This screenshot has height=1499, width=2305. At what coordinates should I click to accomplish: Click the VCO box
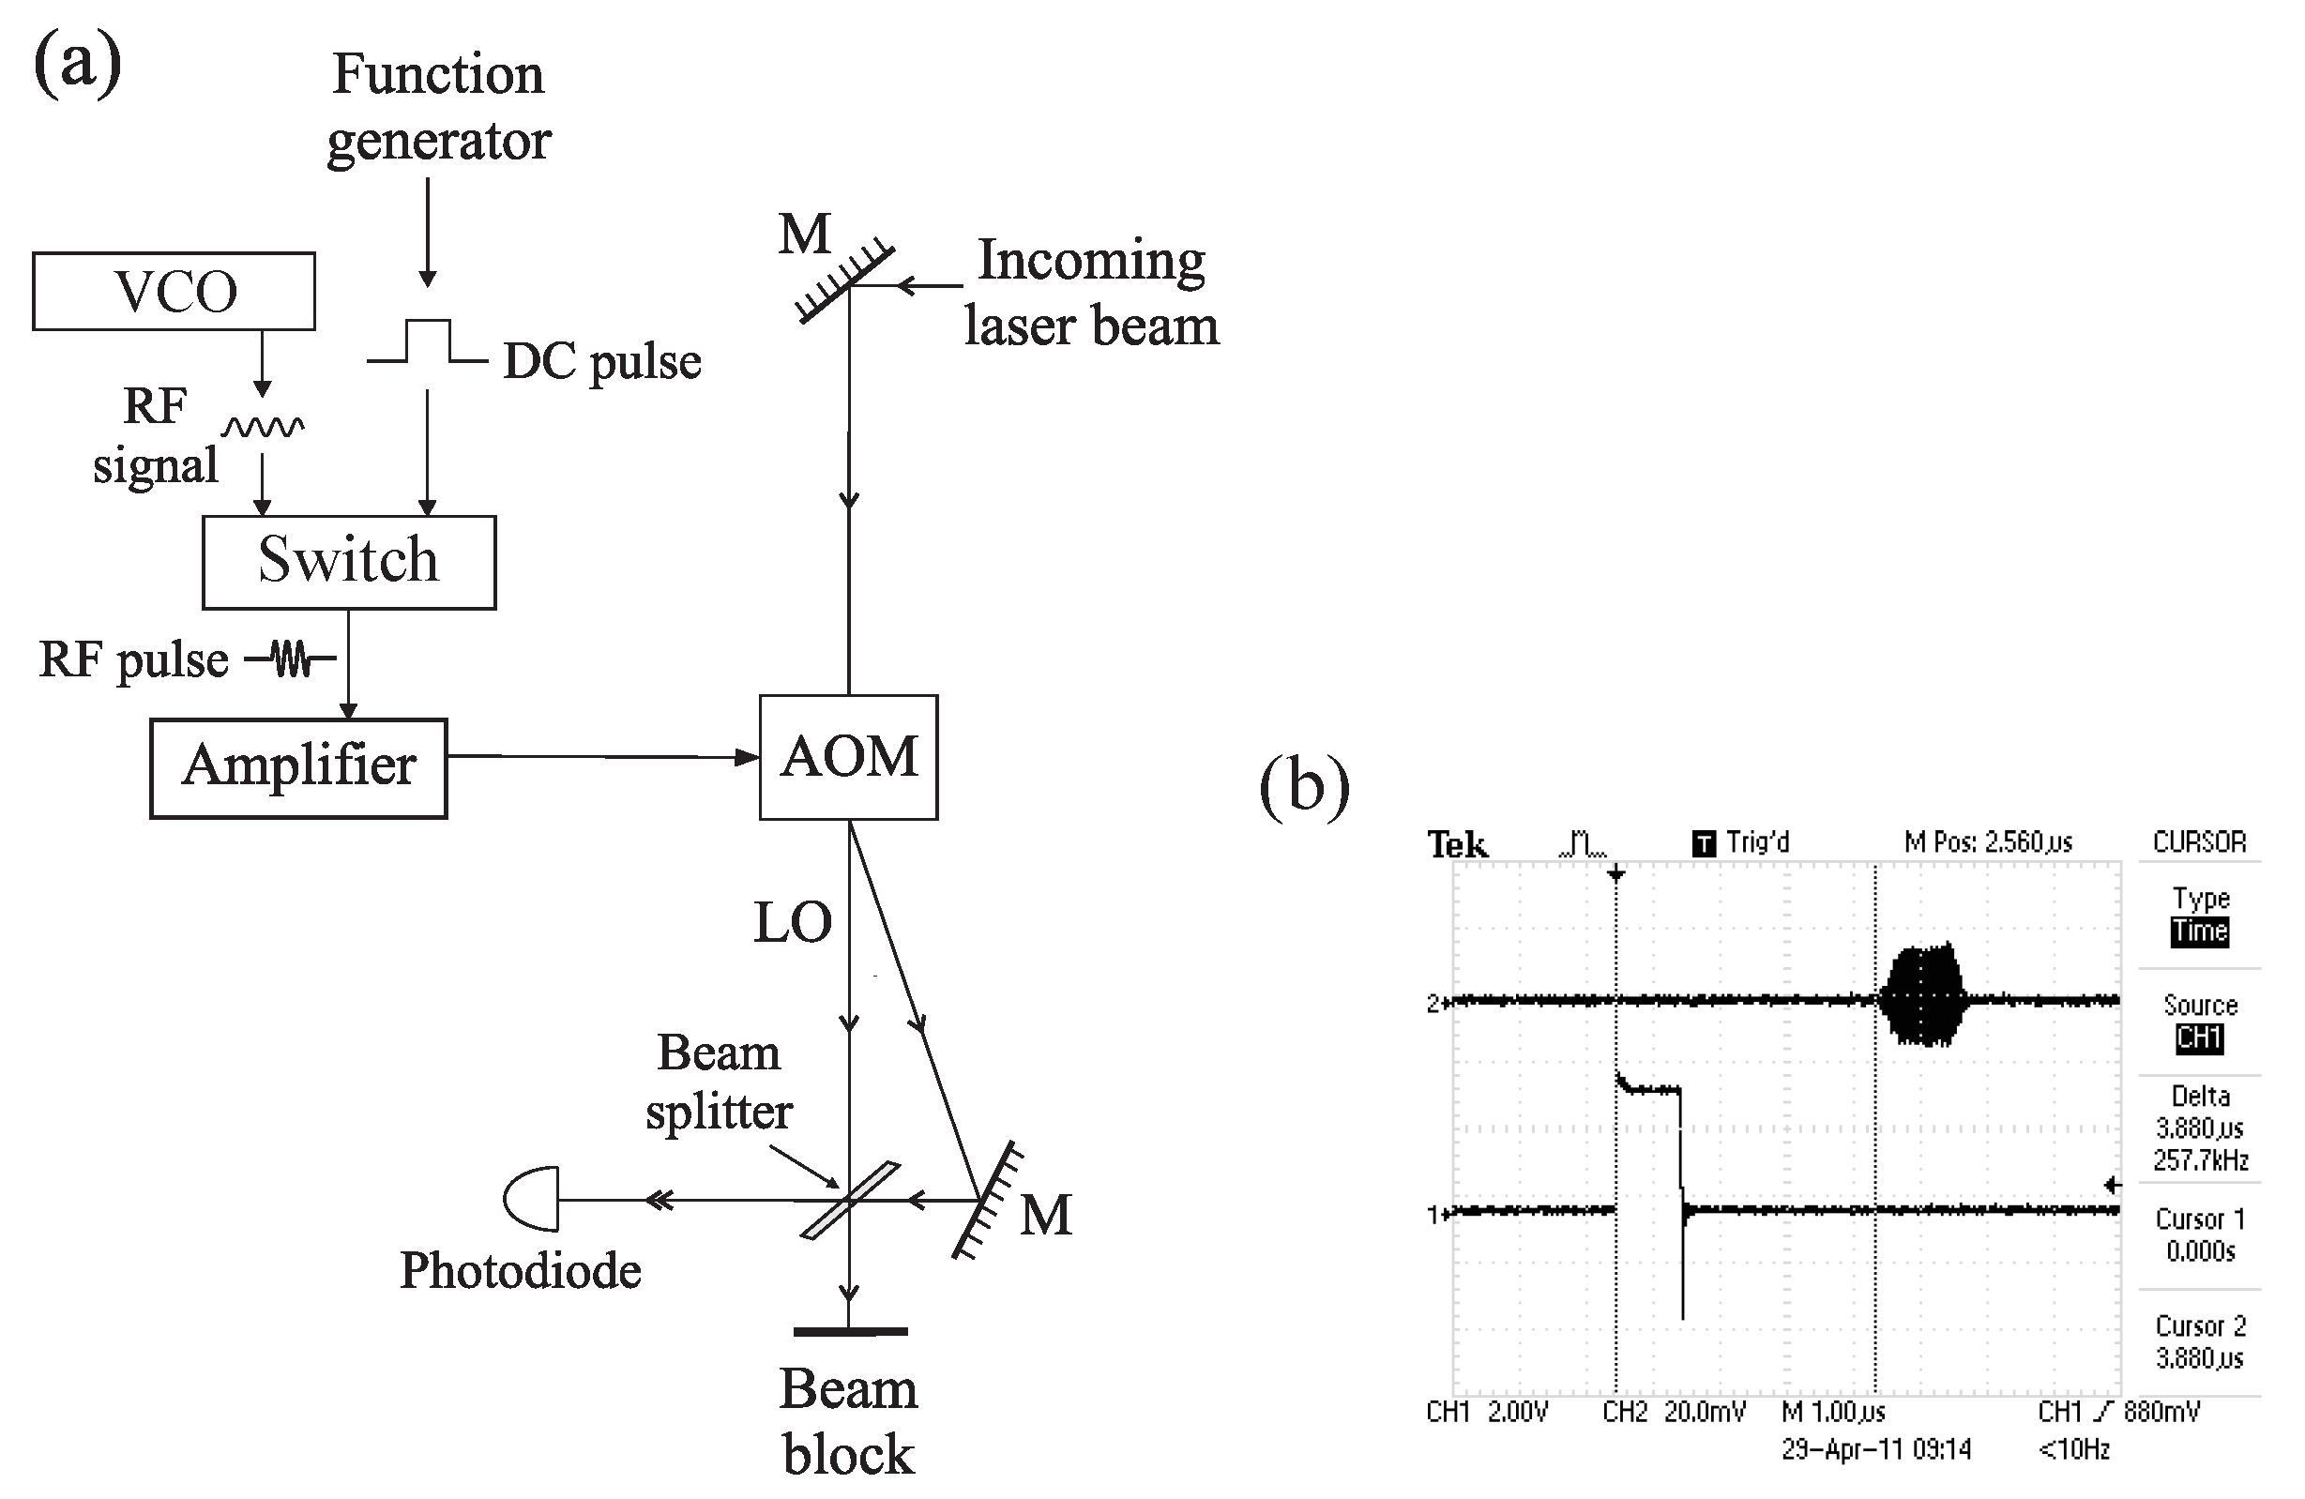coord(174,292)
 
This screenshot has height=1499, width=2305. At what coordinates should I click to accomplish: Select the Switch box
coord(349,562)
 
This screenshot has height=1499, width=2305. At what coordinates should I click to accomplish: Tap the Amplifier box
coord(298,767)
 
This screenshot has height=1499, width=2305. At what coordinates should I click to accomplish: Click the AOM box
coord(848,756)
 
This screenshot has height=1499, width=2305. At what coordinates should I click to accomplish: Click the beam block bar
coord(849,1331)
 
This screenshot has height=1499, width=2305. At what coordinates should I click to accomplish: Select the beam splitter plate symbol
coord(849,1200)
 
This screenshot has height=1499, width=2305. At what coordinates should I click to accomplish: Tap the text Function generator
coord(439,107)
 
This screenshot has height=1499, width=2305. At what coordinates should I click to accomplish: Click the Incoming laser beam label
coord(1090,292)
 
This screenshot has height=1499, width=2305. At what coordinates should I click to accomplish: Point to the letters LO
coord(793,922)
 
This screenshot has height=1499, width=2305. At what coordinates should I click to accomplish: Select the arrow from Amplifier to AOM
coord(600,756)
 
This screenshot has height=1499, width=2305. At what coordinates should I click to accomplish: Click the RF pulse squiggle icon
coord(291,659)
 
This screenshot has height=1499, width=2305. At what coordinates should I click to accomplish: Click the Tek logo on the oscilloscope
coord(1457,844)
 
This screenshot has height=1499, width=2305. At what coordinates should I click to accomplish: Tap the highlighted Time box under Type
coord(2199,931)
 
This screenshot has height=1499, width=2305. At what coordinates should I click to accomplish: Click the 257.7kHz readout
coord(2199,1159)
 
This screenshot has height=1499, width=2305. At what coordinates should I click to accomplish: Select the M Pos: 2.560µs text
coord(1987,842)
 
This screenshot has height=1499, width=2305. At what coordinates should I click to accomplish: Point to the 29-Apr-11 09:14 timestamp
coord(1876,1448)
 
